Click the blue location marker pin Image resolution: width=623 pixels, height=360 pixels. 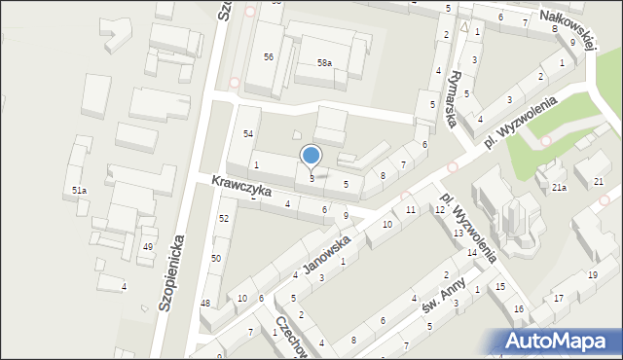(311, 156)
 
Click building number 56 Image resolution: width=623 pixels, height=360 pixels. (268, 56)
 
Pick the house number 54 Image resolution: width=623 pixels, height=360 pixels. (248, 132)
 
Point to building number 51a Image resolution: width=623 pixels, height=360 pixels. (79, 191)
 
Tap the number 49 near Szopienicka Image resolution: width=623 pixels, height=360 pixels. (148, 247)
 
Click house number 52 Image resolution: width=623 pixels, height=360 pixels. (224, 218)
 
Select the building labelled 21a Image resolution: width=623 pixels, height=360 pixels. (558, 187)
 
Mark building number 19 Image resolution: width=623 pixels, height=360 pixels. (592, 274)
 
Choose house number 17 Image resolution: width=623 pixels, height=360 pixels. (558, 298)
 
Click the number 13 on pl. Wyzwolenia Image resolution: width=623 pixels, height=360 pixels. (458, 233)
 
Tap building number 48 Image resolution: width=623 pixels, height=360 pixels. (205, 304)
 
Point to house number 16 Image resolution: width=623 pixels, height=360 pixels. (519, 308)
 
